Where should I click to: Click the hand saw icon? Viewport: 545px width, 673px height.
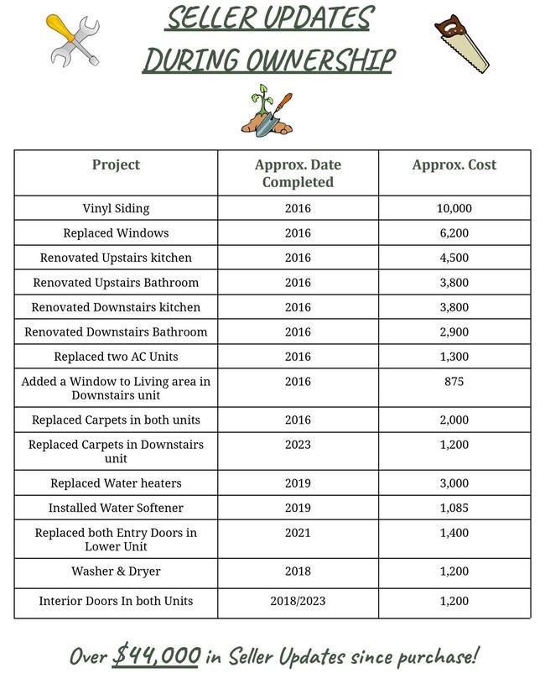[460, 42]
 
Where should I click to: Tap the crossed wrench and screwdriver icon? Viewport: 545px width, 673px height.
[74, 39]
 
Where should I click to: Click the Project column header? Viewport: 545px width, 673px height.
[116, 164]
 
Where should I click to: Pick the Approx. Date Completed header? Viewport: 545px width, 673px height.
[298, 173]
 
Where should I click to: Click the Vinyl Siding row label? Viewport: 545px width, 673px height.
[116, 208]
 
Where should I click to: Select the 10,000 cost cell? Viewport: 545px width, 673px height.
[454, 208]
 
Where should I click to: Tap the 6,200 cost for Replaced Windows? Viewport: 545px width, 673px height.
[454, 232]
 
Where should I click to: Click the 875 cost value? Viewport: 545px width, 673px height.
[454, 381]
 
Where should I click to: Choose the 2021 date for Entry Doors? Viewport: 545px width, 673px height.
[298, 532]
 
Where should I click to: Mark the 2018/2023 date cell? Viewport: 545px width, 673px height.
[298, 601]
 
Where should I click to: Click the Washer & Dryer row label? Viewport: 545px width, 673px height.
[116, 571]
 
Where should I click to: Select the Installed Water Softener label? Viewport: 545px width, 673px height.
[116, 508]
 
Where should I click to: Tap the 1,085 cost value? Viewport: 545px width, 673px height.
[454, 508]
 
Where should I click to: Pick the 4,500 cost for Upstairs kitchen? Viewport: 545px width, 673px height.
[454, 258]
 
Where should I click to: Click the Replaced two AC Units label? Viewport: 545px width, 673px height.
[116, 356]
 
